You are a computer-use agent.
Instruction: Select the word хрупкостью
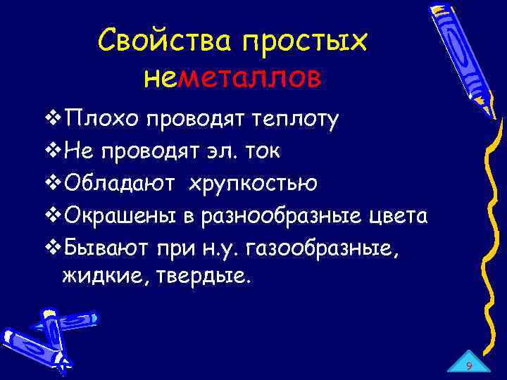[251, 183]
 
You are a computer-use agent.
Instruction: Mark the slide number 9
[468, 366]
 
